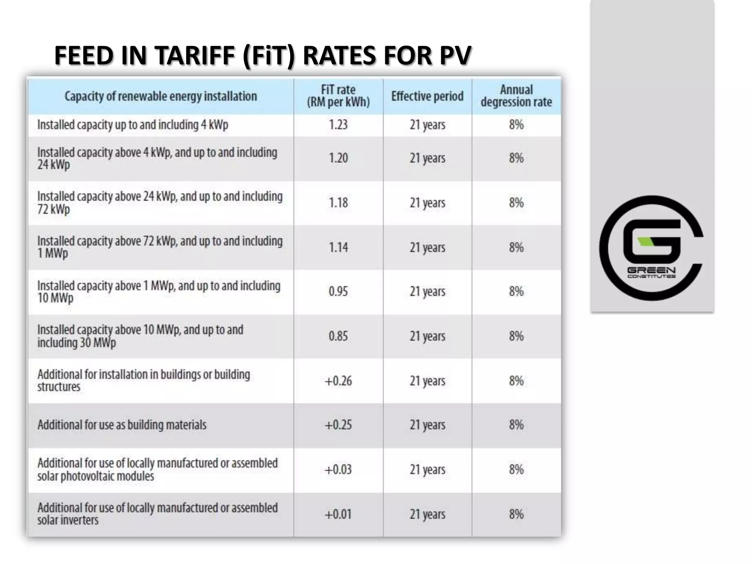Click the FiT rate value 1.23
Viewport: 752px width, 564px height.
338,125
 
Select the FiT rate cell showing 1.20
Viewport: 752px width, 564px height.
338,158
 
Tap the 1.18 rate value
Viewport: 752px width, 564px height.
338,203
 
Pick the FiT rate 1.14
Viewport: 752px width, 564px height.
338,247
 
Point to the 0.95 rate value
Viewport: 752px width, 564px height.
338,292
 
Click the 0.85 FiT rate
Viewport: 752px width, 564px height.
338,336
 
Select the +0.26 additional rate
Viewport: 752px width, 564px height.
338,381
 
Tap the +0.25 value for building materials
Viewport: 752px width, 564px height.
338,425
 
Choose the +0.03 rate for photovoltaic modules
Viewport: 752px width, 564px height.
338,470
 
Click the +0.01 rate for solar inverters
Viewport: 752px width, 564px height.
338,514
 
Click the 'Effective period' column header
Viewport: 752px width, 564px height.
427,96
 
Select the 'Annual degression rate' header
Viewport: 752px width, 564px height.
516,96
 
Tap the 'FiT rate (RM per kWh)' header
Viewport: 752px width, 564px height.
338,96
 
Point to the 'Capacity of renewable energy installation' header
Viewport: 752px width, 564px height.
161,96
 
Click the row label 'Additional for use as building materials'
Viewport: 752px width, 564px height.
122,425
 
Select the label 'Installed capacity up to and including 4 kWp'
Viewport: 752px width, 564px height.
133,125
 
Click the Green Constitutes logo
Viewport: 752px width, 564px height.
651,248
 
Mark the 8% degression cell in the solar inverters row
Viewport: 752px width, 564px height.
516,514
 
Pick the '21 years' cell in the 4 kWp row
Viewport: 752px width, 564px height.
427,125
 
